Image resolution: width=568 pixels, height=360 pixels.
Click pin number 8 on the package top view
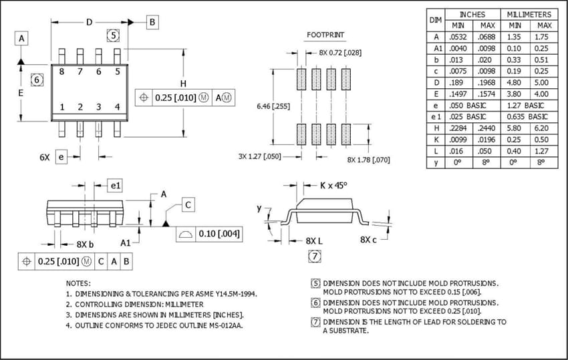click(61, 71)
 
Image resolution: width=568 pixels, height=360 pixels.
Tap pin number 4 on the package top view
click(117, 107)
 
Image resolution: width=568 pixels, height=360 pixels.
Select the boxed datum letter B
click(152, 22)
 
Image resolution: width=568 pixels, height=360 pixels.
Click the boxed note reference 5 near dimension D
click(113, 35)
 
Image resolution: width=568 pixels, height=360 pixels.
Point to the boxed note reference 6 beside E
click(37, 80)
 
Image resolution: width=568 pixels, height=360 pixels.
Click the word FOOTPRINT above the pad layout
click(325, 34)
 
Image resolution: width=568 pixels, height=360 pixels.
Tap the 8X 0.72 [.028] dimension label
click(340, 52)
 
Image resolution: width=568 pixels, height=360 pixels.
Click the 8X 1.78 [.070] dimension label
click(368, 160)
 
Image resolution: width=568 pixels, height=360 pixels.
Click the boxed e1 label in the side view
click(115, 184)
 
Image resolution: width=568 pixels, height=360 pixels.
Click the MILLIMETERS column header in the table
click(529, 14)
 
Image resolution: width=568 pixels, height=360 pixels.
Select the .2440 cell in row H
click(486, 127)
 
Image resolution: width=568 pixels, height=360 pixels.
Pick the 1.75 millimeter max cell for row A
click(541, 37)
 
